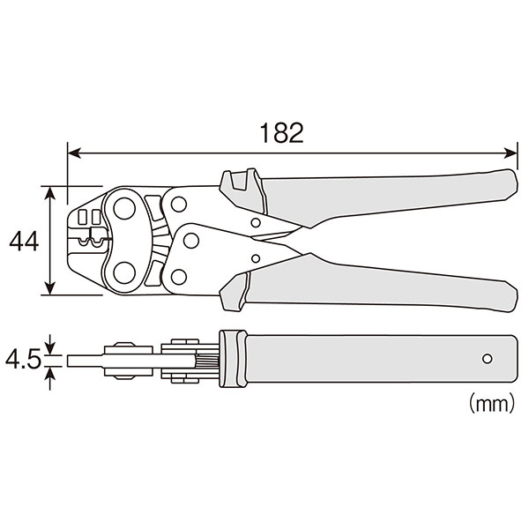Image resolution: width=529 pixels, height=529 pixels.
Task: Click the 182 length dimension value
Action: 282,132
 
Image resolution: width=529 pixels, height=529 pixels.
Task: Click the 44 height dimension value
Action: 24,241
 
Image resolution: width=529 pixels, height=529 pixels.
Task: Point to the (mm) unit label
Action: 492,403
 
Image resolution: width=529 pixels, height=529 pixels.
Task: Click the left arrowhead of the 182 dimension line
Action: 74,153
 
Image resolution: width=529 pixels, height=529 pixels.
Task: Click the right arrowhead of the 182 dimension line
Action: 510,153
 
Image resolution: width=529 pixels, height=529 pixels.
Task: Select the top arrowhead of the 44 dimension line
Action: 50,193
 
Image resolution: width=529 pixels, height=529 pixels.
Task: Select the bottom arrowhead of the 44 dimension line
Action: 50,287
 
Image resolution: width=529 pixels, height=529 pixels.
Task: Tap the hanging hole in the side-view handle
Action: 487,358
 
